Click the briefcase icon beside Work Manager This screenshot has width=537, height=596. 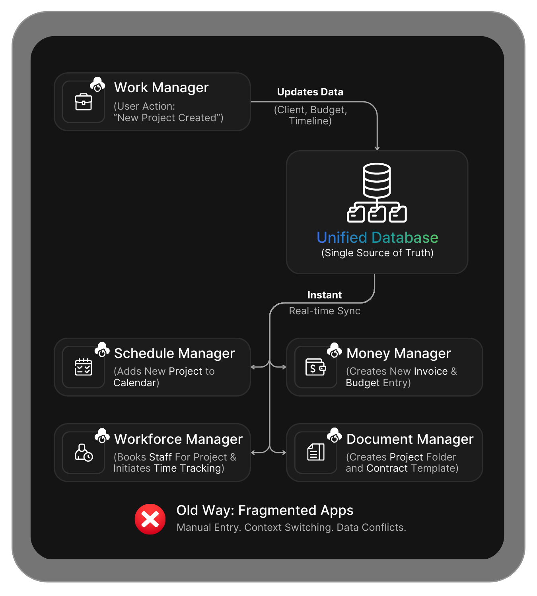tap(84, 102)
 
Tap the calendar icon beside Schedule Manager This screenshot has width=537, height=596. tap(84, 367)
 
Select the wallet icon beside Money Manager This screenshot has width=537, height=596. tap(316, 367)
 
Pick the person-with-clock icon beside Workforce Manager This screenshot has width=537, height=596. tap(84, 453)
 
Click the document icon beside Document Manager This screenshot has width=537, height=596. tap(316, 453)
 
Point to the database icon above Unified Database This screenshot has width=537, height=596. tap(377, 193)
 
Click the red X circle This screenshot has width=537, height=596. tap(150, 519)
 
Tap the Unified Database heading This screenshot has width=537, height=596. tap(377, 238)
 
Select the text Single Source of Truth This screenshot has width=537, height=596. tap(377, 253)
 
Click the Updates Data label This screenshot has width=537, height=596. tap(310, 92)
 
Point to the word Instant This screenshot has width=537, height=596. tap(325, 295)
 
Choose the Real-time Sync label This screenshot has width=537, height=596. tap(325, 311)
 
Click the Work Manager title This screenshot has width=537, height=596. tap(161, 87)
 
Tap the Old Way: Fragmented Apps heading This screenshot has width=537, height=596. tap(265, 510)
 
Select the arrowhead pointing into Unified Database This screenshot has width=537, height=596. tap(377, 148)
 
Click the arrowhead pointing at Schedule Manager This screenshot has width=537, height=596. tap(253, 367)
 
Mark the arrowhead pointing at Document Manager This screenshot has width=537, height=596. tap(284, 453)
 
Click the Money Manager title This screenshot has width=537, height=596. tap(399, 353)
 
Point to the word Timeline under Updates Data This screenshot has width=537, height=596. tap(310, 121)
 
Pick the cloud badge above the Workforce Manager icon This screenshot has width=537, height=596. tap(102, 435)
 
